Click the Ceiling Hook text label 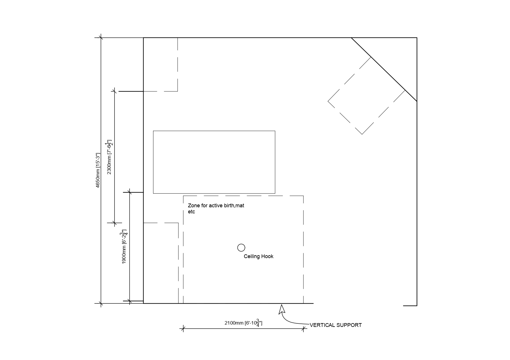point(259,256)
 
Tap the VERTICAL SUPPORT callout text point(336,325)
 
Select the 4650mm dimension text point(98,170)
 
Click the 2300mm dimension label point(109,157)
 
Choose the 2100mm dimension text point(244,323)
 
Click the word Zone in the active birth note point(194,206)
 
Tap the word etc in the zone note point(192,212)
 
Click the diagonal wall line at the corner point(384,70)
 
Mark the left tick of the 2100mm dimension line point(183,329)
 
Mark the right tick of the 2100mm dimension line point(304,329)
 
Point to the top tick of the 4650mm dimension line point(101,38)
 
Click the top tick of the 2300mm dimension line point(114,91)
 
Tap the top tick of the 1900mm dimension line point(130,192)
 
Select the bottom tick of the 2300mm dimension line point(114,223)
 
